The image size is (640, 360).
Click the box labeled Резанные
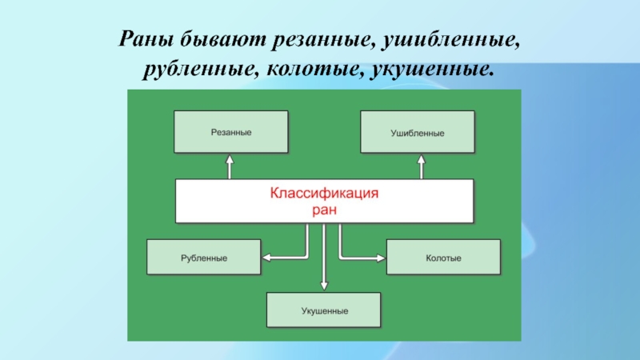tap(231, 132)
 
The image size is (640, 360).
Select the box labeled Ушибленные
tap(417, 132)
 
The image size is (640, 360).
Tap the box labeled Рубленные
tap(203, 258)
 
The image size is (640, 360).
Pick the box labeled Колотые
tap(443, 258)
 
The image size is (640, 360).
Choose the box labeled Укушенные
tap(324, 309)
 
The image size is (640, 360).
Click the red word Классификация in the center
tap(324, 194)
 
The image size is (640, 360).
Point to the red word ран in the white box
tap(324, 210)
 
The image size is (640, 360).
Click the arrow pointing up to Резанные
tap(230, 166)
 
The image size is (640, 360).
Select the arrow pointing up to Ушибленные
tap(420, 166)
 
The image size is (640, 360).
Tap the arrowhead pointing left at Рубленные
tap(267, 257)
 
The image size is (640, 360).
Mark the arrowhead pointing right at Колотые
tap(380, 257)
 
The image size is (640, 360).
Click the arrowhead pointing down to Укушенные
tap(324, 285)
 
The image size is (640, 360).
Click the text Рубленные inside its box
tap(203, 258)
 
